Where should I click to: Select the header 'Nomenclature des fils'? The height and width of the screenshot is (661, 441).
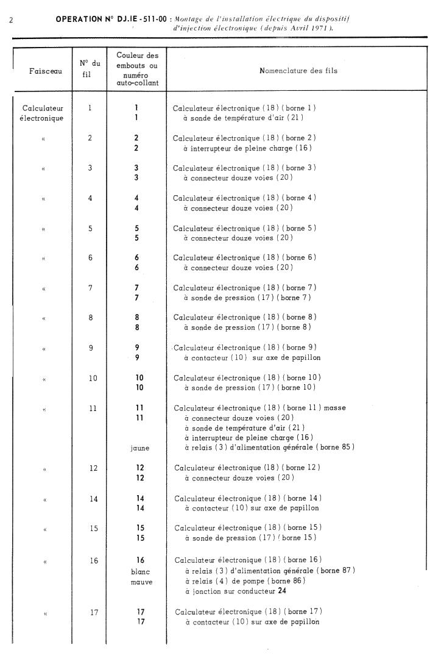point(298,71)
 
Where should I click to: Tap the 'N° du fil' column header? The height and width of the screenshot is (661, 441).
point(90,68)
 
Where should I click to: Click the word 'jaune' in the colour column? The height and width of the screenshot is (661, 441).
point(140,448)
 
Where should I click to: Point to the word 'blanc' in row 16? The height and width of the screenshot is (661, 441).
point(140,571)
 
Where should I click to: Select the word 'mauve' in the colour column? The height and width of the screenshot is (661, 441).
point(140,582)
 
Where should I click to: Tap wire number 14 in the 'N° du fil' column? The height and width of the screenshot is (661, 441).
point(93,499)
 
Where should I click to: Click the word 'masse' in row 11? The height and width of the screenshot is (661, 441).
point(335,407)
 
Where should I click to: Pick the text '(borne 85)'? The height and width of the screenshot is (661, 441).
point(335,448)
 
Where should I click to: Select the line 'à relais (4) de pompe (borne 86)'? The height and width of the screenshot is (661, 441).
point(245,581)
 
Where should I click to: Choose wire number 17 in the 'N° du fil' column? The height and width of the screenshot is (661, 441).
point(94,612)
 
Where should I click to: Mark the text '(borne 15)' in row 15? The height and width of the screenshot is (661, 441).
point(298,538)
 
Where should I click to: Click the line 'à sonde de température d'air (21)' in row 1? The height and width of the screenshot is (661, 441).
point(244,118)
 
